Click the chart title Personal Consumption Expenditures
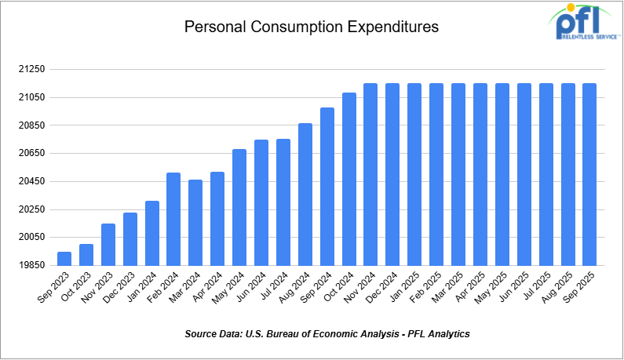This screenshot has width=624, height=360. pos(311,27)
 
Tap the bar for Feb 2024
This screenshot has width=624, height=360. pos(173,219)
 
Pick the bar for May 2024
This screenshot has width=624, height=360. pos(239,207)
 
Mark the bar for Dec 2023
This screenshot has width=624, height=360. pos(130,238)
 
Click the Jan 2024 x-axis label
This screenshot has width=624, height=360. pos(144,289)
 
